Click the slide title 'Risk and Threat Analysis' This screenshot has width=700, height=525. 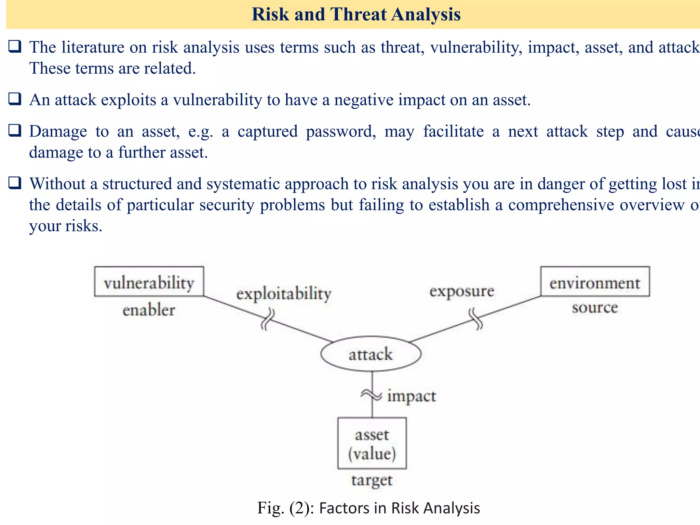click(356, 15)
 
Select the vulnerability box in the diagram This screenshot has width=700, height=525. click(149, 282)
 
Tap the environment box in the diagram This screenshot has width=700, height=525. click(595, 282)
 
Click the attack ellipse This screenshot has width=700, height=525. click(371, 354)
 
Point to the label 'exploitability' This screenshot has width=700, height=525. click(284, 294)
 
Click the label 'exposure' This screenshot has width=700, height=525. click(462, 291)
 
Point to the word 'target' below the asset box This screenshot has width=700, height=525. click(372, 480)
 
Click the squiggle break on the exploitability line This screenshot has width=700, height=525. click(268, 319)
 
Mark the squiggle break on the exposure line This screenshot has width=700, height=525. click(476, 319)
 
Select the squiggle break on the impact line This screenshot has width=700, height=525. click(371, 395)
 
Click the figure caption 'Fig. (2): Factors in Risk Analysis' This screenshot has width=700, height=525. click(368, 508)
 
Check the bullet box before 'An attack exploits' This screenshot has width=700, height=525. click(15, 99)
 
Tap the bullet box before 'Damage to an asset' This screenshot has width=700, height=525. click(15, 131)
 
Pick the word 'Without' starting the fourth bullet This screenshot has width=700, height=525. click(57, 184)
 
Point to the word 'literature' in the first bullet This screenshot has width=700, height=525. click(93, 47)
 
